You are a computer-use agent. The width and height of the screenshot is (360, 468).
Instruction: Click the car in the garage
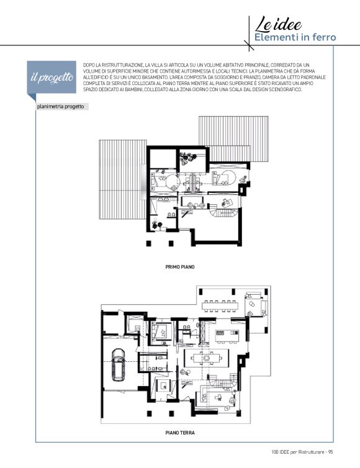tap(118, 365)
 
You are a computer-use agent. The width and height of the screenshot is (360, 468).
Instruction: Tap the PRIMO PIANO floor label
tap(180, 267)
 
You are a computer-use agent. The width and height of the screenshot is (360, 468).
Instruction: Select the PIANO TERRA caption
tap(180, 433)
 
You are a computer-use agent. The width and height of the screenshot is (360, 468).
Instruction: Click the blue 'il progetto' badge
tap(52, 78)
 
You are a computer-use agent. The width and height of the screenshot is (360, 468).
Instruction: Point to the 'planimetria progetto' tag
tap(60, 107)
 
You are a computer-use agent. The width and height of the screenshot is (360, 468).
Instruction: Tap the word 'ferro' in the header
tap(325, 37)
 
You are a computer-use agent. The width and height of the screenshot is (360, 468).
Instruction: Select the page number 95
tap(330, 452)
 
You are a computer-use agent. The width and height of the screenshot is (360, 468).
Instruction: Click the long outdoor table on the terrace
tap(220, 306)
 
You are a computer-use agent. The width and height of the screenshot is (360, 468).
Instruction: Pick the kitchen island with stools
tap(227, 336)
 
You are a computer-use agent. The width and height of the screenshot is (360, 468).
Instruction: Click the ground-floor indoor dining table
tap(206, 358)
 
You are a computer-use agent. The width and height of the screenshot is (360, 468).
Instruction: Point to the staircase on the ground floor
tap(223, 381)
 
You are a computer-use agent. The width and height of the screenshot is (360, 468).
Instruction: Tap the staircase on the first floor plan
tap(223, 212)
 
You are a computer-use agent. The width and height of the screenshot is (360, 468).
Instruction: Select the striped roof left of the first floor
tap(123, 179)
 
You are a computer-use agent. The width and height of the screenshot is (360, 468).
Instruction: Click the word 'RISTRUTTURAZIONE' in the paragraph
tap(119, 65)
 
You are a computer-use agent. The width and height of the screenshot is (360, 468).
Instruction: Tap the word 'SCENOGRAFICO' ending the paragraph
tap(287, 89)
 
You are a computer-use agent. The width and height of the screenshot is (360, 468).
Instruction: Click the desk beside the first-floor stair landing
tap(227, 203)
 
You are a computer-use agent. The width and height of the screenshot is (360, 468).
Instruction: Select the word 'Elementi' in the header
tap(272, 37)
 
